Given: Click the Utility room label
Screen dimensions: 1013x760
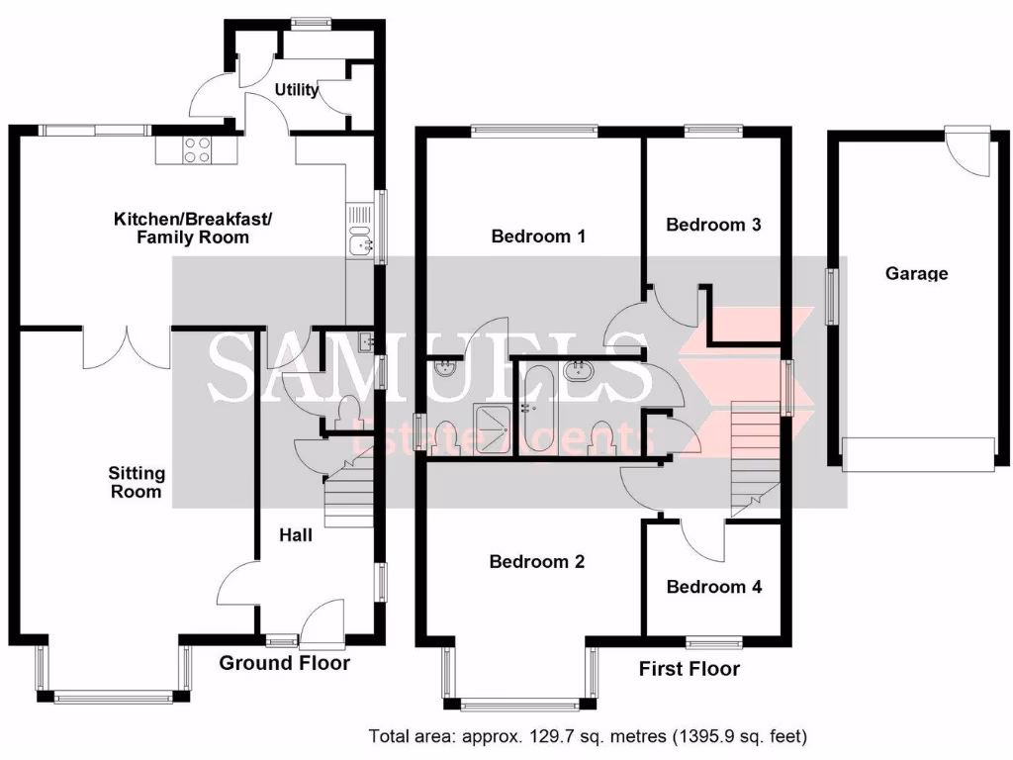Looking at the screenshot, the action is click(x=297, y=89).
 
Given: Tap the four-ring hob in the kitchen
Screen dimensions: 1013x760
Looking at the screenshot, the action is click(x=198, y=150).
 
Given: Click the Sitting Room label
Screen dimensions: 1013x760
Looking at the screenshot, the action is click(x=137, y=482).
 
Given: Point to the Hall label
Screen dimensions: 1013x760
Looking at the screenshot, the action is click(x=296, y=535).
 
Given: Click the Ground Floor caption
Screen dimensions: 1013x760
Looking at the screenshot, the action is click(x=284, y=662).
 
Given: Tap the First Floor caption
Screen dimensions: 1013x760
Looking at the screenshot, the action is click(x=690, y=668).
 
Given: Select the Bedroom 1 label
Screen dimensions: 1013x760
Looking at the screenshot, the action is click(x=538, y=236).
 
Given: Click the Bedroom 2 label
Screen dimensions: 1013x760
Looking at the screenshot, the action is click(x=537, y=562).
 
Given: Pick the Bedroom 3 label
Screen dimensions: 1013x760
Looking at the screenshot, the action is click(x=713, y=225).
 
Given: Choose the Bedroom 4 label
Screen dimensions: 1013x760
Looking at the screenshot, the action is click(x=714, y=586).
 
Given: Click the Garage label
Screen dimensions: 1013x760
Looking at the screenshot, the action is click(x=917, y=273).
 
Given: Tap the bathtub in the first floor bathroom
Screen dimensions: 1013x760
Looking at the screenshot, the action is click(x=533, y=409).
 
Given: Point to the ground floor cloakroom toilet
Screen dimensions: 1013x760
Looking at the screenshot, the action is click(x=349, y=413).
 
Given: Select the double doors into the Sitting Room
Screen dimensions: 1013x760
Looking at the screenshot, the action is click(x=127, y=347).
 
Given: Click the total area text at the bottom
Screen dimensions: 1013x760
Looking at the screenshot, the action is click(x=588, y=735).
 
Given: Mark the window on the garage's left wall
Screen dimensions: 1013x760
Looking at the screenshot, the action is click(x=831, y=297).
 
